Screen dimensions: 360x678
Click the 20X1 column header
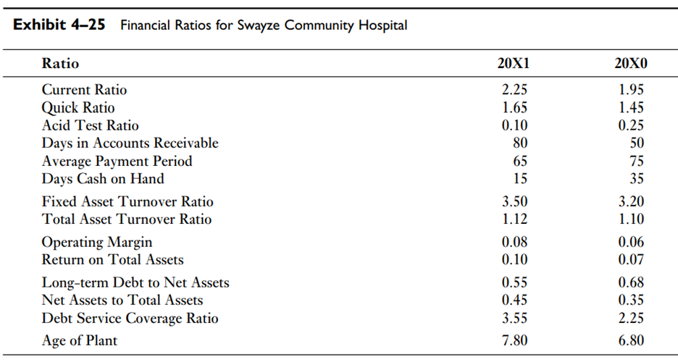tap(514, 64)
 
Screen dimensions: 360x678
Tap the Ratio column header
tap(60, 64)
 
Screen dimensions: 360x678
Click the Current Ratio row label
tap(84, 90)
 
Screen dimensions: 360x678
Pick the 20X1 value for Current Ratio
tap(514, 90)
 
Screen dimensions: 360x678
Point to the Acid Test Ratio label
tap(90, 125)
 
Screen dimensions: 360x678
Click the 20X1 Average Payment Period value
tap(519, 161)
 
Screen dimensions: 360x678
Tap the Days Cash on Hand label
tap(103, 178)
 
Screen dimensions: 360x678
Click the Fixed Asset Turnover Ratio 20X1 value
tap(514, 201)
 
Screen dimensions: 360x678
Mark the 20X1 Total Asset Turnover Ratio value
tap(514, 219)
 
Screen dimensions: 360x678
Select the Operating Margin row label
tap(97, 242)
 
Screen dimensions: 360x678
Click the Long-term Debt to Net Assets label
tap(135, 282)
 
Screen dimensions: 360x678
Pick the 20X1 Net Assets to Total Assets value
tap(514, 300)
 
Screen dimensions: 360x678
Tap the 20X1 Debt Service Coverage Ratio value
tap(514, 318)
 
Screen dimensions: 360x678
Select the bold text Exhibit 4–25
tap(60, 25)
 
